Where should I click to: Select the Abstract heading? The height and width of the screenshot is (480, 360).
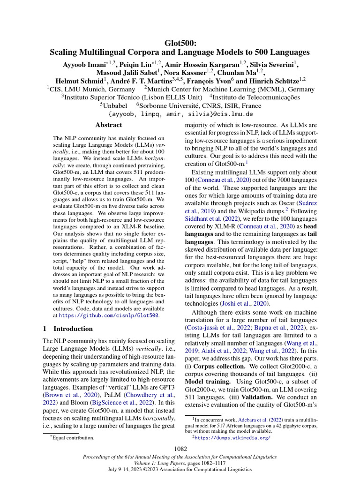pyautogui.click(x=108, y=125)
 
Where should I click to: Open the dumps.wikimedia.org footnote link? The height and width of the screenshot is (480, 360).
pyautogui.click(x=233, y=438)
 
